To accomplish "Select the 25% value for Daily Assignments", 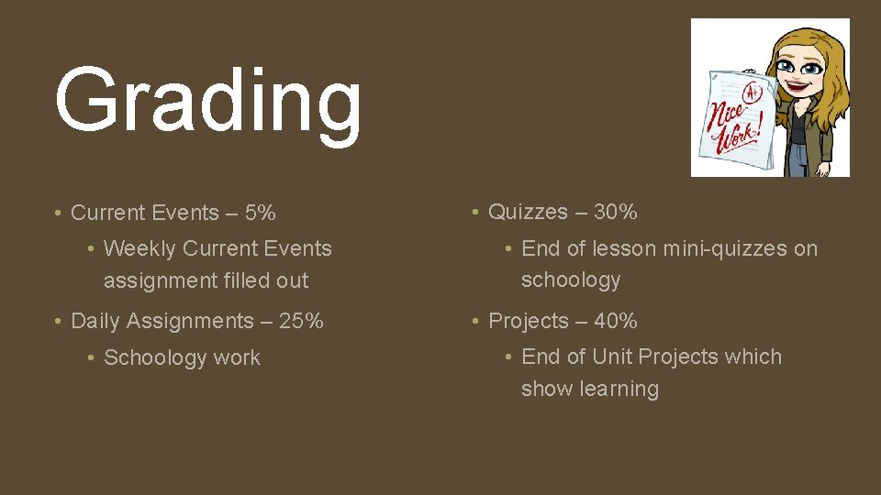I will point(301,321).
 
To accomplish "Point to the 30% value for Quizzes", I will point(615,212).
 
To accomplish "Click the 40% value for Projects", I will point(615,321).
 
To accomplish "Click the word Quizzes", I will point(528,212).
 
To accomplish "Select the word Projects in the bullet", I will point(529,321).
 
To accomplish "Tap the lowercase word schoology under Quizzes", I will point(571,280).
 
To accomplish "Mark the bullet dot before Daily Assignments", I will point(58,321).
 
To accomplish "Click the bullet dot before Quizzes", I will point(474,212).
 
